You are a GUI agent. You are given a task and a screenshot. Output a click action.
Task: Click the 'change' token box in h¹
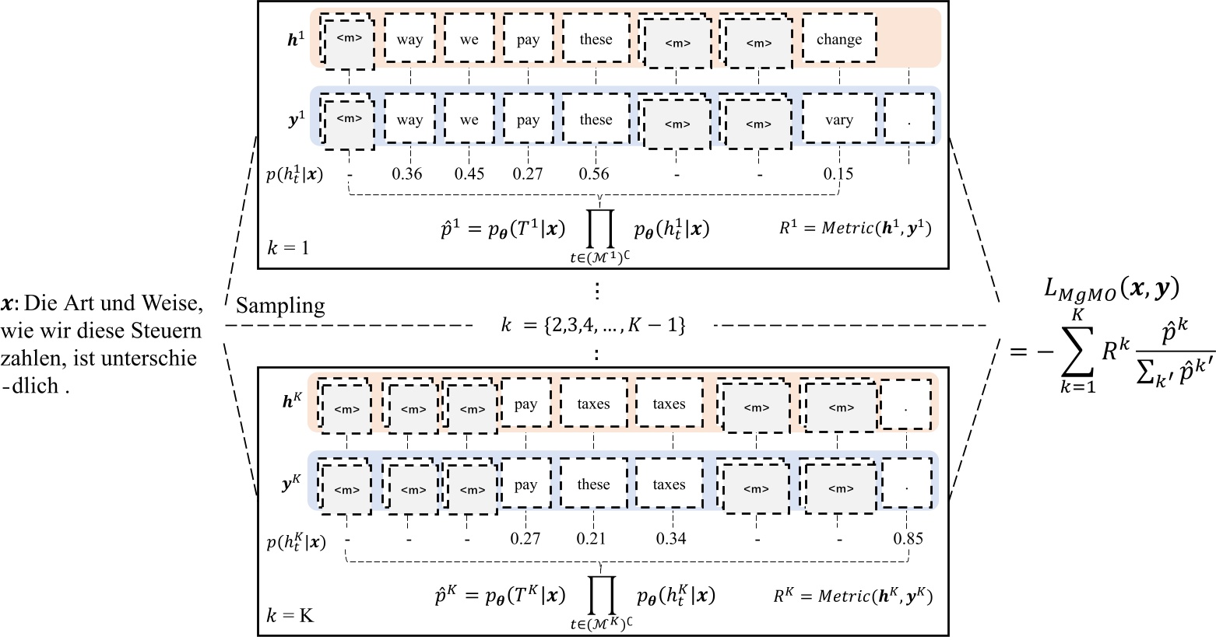pos(839,40)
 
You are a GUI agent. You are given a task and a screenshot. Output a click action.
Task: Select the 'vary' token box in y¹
pos(839,120)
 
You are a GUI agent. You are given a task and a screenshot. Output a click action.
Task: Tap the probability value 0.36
pos(407,173)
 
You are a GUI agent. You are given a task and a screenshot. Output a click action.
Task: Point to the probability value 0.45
pos(469,173)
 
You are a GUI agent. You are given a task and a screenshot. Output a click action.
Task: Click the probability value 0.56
pos(594,173)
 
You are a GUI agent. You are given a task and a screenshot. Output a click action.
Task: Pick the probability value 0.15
pos(838,173)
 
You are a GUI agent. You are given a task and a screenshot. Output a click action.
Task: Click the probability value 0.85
pos(908,537)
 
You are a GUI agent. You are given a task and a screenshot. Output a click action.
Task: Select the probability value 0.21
pos(592,537)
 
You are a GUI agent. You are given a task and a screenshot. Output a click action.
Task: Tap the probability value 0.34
pos(671,537)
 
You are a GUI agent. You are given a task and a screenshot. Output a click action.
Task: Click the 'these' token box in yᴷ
pos(593,484)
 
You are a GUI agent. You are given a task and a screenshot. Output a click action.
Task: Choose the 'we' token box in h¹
pos(469,40)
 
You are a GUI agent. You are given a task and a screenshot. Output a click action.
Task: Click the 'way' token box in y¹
pos(409,120)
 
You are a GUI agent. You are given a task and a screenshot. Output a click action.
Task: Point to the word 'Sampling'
pos(280,306)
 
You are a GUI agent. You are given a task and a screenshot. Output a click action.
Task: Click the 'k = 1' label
pos(287,249)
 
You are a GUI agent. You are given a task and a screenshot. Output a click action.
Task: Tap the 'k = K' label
pos(290,615)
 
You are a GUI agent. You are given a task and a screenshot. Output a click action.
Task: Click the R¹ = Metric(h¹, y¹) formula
pos(854,228)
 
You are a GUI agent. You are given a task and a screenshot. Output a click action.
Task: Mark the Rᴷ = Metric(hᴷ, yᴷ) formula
pos(852,596)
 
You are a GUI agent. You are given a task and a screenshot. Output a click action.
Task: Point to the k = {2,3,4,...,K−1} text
pos(593,325)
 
